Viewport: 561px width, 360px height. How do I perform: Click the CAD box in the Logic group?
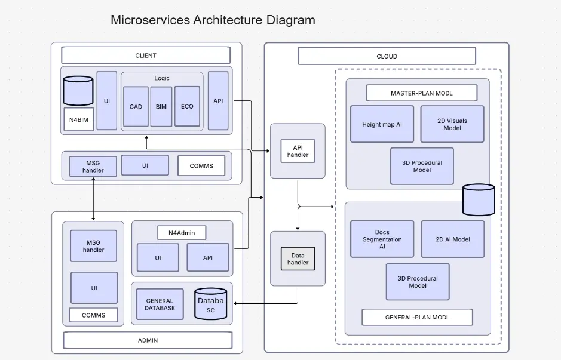[x=136, y=106]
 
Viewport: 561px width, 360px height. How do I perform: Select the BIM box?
[x=161, y=106]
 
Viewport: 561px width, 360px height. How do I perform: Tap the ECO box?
[x=187, y=106]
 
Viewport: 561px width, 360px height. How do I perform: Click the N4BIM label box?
[x=78, y=119]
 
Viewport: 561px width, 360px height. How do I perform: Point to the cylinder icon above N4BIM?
[x=78, y=90]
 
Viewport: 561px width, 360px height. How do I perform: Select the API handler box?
[x=298, y=151]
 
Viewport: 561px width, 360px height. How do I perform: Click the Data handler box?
[x=298, y=259]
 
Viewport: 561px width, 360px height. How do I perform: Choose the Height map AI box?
[x=382, y=124]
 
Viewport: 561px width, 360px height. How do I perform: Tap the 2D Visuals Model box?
[x=452, y=124]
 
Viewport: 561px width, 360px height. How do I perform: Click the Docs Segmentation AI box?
[x=382, y=239]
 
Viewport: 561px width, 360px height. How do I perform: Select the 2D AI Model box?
[x=452, y=239]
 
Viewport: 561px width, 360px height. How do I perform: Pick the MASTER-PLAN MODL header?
[x=421, y=93]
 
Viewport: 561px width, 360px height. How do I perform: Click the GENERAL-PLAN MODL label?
[x=417, y=317]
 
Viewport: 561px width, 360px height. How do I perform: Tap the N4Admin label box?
[x=182, y=232]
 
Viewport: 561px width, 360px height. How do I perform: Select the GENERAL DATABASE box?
[x=160, y=304]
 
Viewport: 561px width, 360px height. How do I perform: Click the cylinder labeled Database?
[x=210, y=304]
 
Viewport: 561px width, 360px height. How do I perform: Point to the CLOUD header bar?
[x=387, y=56]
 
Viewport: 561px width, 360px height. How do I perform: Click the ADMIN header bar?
[x=147, y=340]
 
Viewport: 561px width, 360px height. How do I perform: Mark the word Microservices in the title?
[x=150, y=20]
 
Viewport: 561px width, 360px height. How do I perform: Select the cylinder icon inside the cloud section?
[x=479, y=199]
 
